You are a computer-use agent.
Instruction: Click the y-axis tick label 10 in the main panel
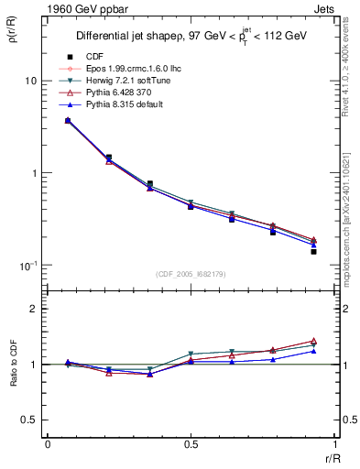coord(29,81)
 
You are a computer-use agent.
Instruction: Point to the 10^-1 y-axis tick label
coord(27,266)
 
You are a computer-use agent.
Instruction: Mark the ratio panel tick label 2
coord(34,309)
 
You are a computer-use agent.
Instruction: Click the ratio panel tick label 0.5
coord(29,420)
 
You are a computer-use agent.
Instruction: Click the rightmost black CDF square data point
coord(313,251)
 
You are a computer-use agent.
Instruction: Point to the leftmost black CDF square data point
coord(68,120)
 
